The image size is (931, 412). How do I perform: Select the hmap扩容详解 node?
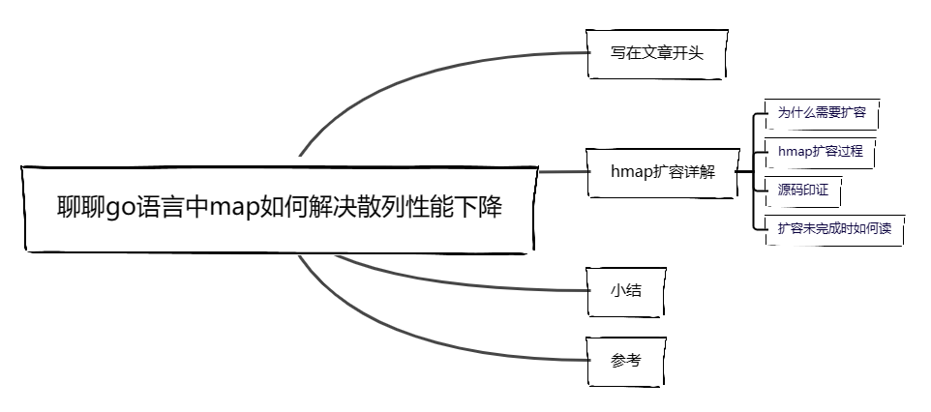(663, 171)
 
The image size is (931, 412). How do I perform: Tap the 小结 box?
(626, 289)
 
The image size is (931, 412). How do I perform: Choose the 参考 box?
(626, 360)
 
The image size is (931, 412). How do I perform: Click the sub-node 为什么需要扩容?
(821, 112)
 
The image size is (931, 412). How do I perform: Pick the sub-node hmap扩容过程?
(820, 152)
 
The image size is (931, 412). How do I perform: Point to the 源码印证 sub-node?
(802, 190)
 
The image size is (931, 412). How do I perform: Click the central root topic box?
(279, 208)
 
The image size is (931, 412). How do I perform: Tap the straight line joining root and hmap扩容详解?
(561, 172)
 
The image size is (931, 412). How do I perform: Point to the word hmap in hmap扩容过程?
(794, 152)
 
